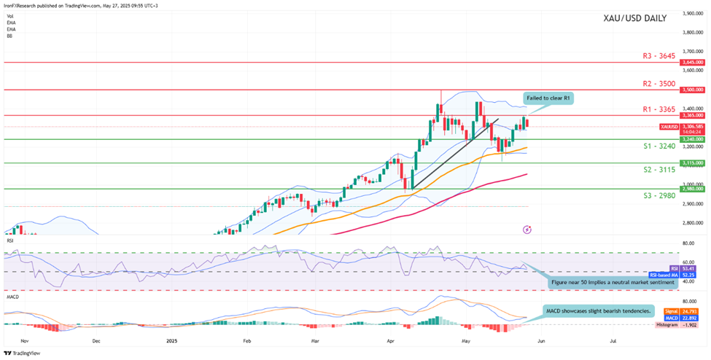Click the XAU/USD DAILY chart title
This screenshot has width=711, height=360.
(x=634, y=18)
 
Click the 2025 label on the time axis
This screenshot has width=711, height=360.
(x=172, y=340)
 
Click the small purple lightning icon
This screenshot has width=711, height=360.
(x=527, y=229)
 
